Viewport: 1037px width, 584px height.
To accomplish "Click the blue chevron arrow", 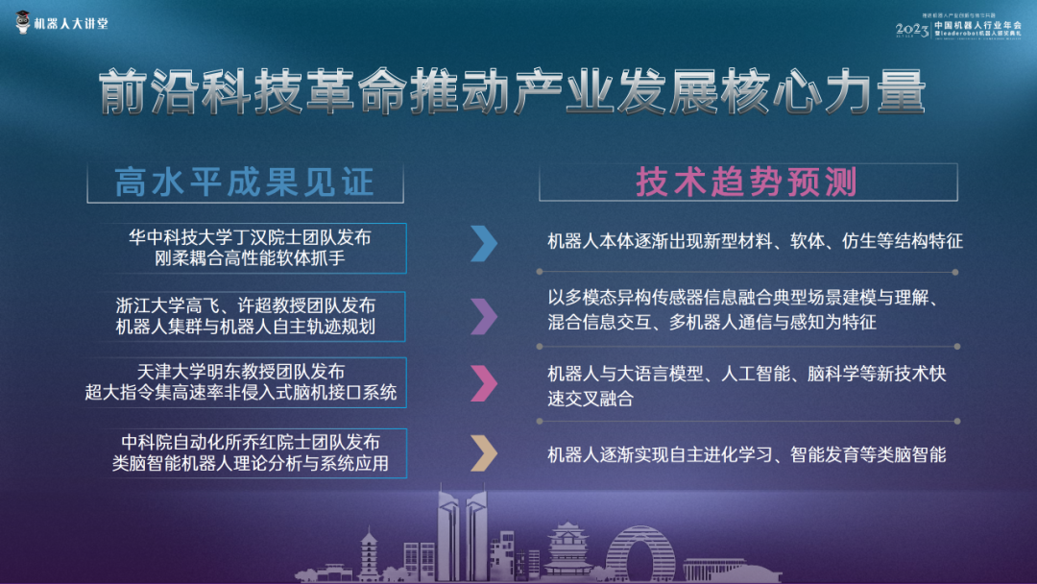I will [x=484, y=244].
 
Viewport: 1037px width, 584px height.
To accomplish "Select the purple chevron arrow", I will [x=484, y=313].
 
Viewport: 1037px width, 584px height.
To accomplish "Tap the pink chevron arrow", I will [x=484, y=382].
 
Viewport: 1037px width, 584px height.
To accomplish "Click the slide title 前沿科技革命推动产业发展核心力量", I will [x=514, y=93].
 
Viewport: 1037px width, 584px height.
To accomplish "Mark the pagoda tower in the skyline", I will [x=370, y=555].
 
